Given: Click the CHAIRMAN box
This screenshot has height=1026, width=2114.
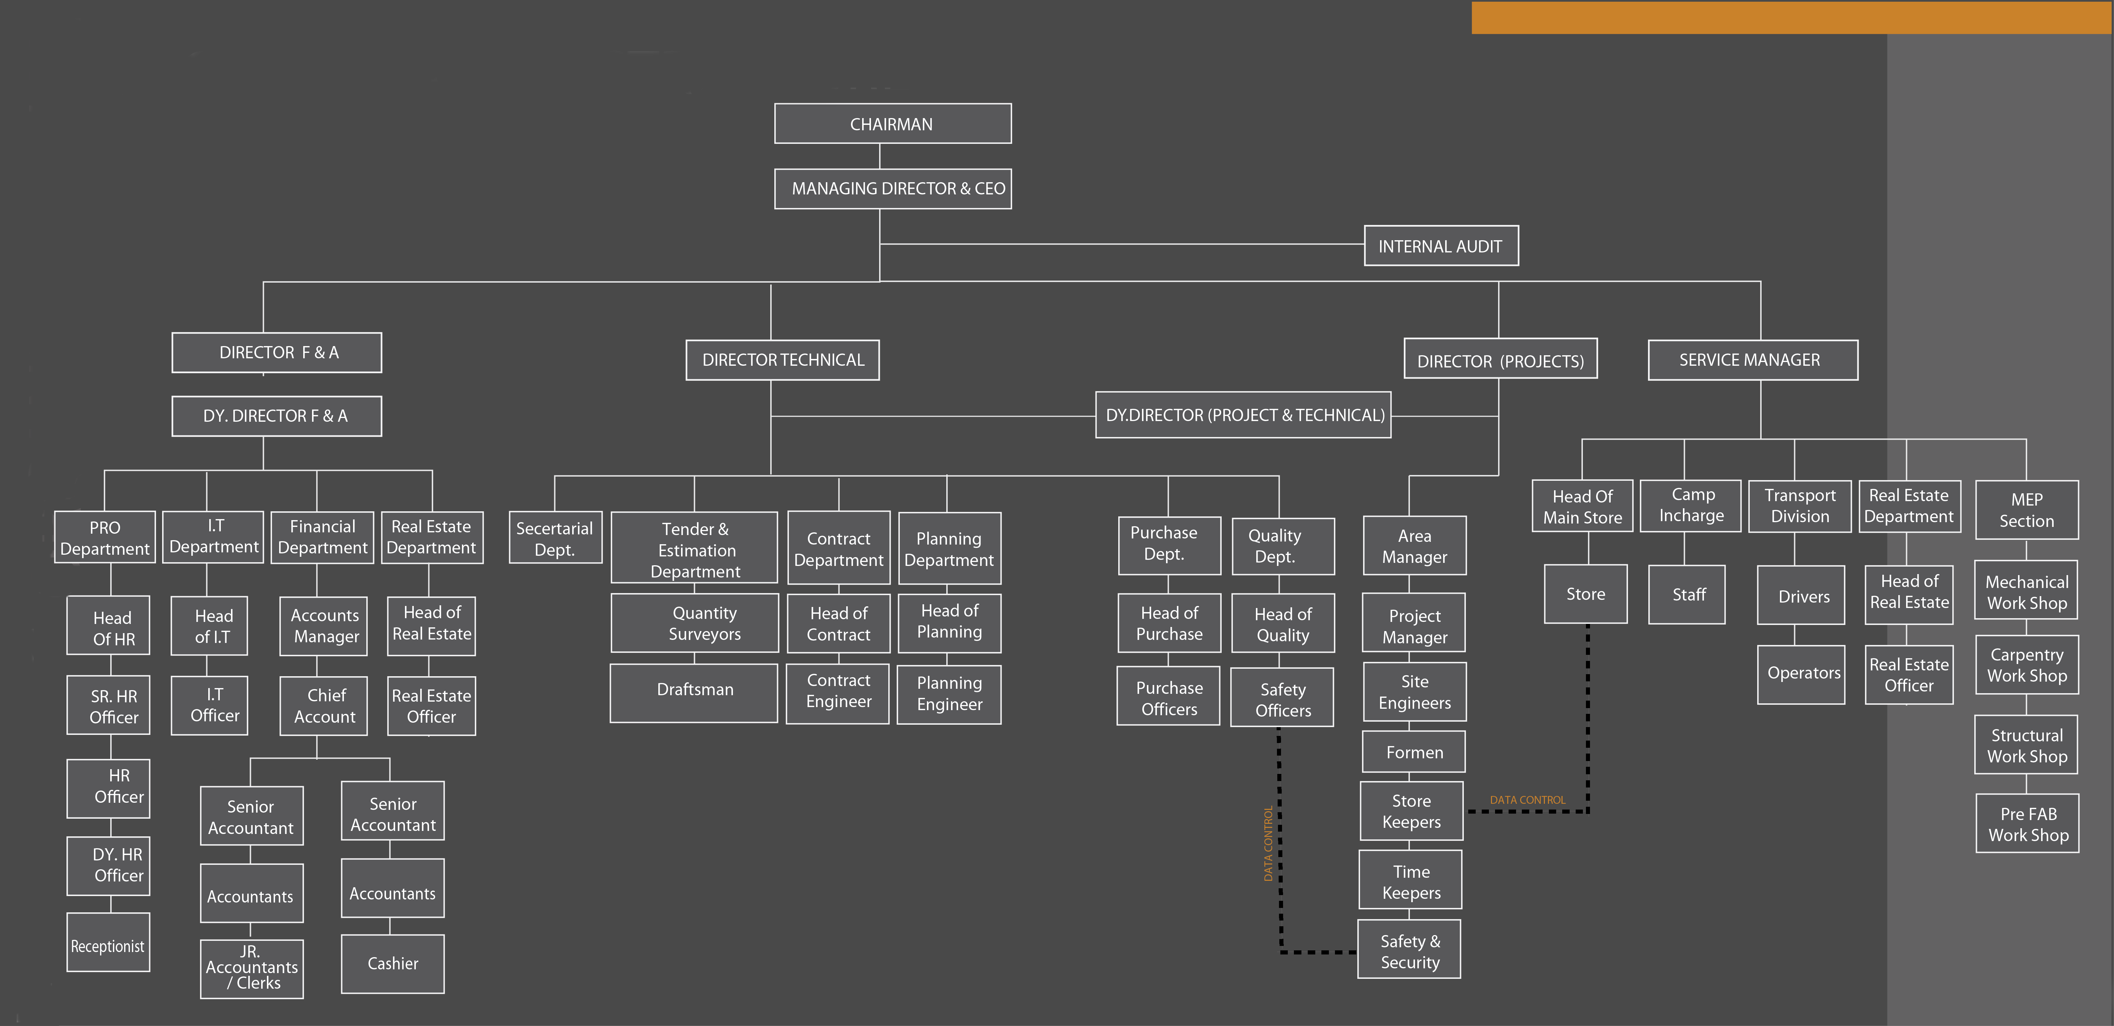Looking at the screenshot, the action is point(893,124).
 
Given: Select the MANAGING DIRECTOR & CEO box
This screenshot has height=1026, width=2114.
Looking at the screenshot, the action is point(893,189).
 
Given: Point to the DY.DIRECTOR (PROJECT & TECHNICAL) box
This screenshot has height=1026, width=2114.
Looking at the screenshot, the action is point(1243,415).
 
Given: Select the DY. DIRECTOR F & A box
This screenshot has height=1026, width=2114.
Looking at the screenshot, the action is point(276,416).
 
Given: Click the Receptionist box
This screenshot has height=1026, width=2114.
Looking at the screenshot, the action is point(108,942).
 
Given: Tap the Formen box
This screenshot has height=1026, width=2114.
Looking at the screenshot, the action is point(1414,752).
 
